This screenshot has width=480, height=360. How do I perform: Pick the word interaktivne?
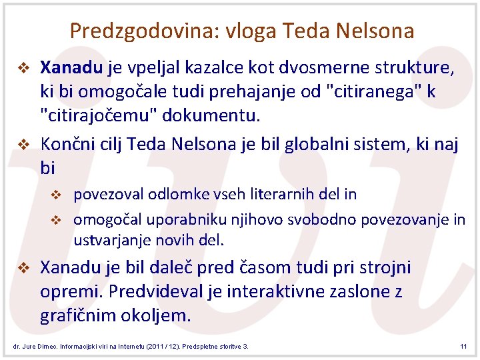[303, 291]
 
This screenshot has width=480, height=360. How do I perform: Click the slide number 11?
[464, 347]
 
